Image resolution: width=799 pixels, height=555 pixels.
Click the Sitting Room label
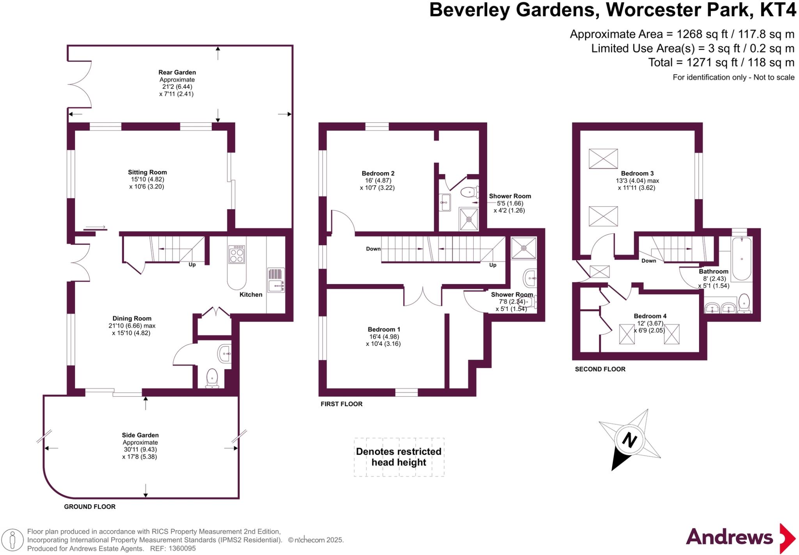click(x=147, y=172)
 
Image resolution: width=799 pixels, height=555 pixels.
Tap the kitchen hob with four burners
click(x=236, y=255)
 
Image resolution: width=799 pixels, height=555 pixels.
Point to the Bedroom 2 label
click(x=378, y=173)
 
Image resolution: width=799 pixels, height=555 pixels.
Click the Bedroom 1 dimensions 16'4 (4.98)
click(x=384, y=337)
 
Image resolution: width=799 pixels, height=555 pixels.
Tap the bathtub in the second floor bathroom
click(x=741, y=259)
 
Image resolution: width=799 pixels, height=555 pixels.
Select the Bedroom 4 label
click(x=650, y=316)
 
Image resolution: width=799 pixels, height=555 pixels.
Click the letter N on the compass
click(x=629, y=440)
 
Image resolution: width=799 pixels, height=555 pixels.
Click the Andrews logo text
click(x=729, y=537)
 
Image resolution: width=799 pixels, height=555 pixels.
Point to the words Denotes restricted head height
click(x=398, y=457)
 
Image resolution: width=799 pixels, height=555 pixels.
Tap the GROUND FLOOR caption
click(x=90, y=507)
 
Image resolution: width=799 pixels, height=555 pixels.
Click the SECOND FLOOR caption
click(x=600, y=369)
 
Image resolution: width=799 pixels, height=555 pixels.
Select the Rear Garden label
click(x=177, y=72)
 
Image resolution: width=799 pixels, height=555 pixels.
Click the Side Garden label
click(x=140, y=435)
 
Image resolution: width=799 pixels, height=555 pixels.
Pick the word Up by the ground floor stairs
click(x=192, y=265)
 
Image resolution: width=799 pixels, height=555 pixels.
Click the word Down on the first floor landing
click(x=373, y=249)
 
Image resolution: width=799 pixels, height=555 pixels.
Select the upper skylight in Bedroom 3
click(x=603, y=159)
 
